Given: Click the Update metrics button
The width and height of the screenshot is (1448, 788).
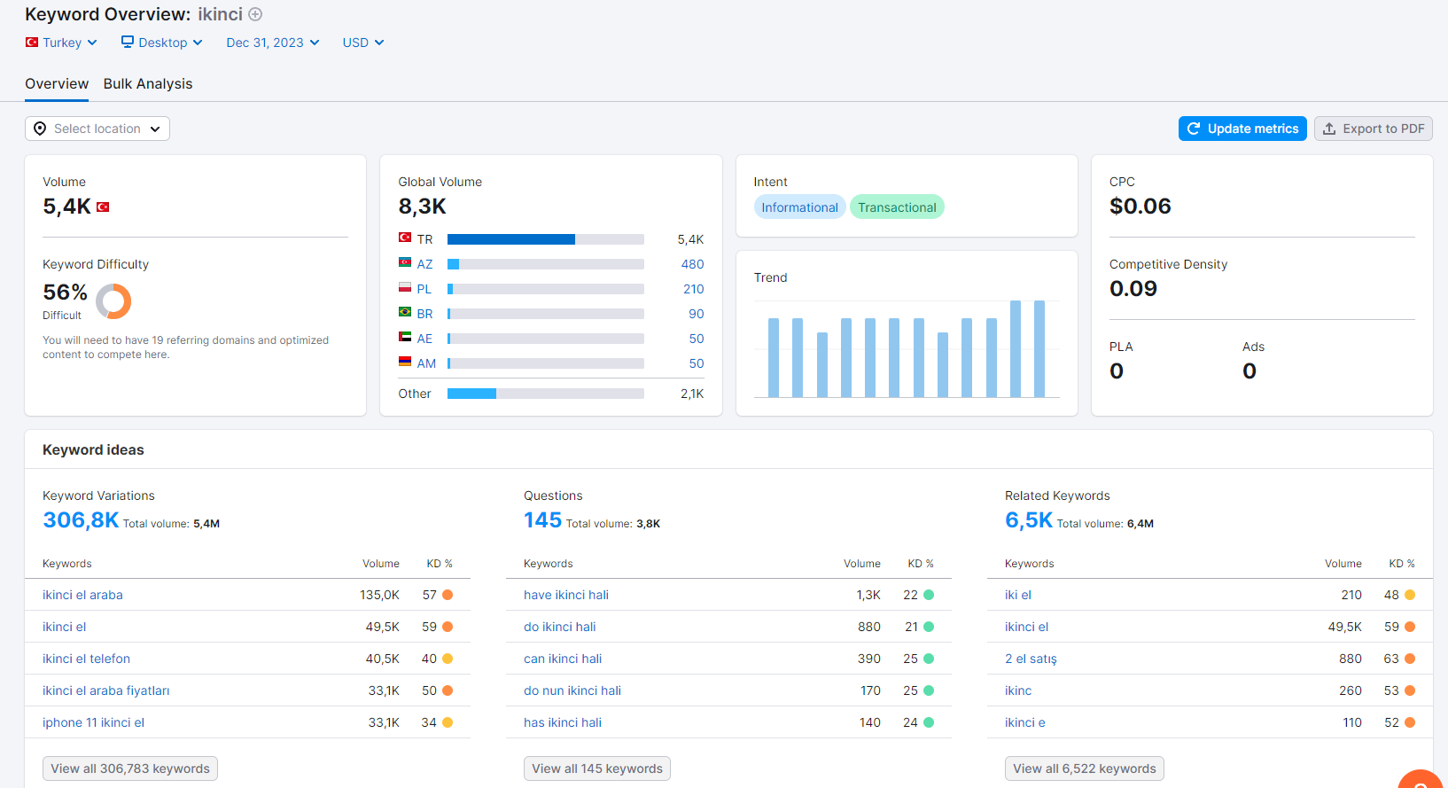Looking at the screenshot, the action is coord(1242,129).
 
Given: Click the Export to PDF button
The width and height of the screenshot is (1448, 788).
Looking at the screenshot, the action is coord(1373,129).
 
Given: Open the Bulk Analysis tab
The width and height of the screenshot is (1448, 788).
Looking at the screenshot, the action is coord(148,84).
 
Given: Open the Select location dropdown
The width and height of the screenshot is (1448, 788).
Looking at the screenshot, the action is coord(97,129).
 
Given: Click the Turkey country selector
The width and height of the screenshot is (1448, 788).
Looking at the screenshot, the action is coord(61,43).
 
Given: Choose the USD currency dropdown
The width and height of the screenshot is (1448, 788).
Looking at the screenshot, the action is coord(363,43).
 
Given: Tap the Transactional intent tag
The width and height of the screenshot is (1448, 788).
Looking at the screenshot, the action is coord(897,207).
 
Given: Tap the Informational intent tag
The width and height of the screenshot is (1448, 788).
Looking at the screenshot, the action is coord(799,207).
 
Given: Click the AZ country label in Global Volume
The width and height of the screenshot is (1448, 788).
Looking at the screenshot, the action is coord(424,264).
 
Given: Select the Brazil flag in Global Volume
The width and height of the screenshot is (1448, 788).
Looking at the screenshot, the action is coord(405,312).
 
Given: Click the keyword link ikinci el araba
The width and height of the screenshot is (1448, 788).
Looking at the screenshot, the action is coord(82,595).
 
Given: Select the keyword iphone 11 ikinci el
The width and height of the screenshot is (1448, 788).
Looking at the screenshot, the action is coord(94,722).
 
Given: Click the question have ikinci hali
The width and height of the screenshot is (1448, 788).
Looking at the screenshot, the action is coord(566,595).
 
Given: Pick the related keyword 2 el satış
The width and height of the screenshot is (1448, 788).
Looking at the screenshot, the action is coord(1031,659).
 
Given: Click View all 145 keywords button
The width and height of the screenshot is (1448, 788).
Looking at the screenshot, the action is coord(597,768).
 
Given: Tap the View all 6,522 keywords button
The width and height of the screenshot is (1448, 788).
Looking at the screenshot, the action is coord(1084,768).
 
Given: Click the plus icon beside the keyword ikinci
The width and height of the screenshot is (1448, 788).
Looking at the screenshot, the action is coord(255,14).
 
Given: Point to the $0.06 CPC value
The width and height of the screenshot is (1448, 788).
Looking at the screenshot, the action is coord(1140,207).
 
